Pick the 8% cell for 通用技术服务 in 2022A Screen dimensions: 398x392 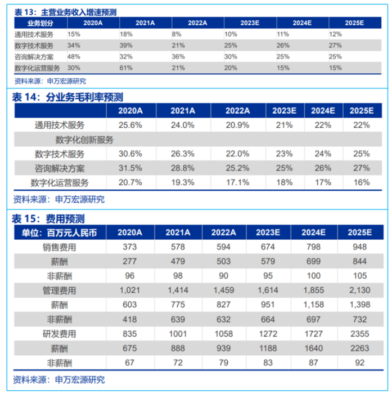(175, 35)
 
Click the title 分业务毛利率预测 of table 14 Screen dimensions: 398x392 (67, 97)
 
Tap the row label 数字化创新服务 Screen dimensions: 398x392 (84, 140)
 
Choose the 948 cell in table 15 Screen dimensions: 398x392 (361, 247)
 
